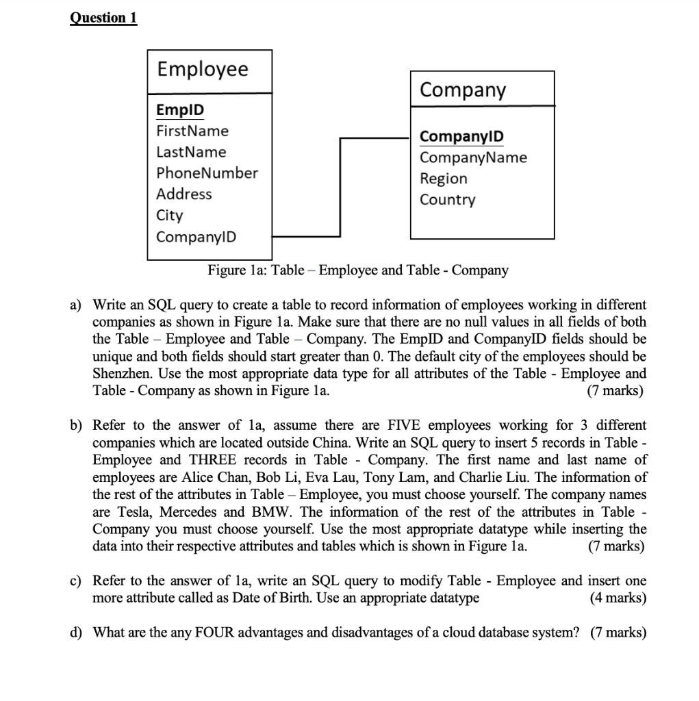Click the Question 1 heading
point(103,18)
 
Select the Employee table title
point(203,69)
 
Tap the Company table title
point(462,90)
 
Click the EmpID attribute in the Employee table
point(180,110)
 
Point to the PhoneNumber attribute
point(207,173)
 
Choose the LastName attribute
point(191,152)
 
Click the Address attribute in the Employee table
point(184,194)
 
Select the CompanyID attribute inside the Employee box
point(196,237)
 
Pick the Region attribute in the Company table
point(443,179)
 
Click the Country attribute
point(447,200)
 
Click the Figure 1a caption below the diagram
point(358,270)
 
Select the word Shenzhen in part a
point(120,374)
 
